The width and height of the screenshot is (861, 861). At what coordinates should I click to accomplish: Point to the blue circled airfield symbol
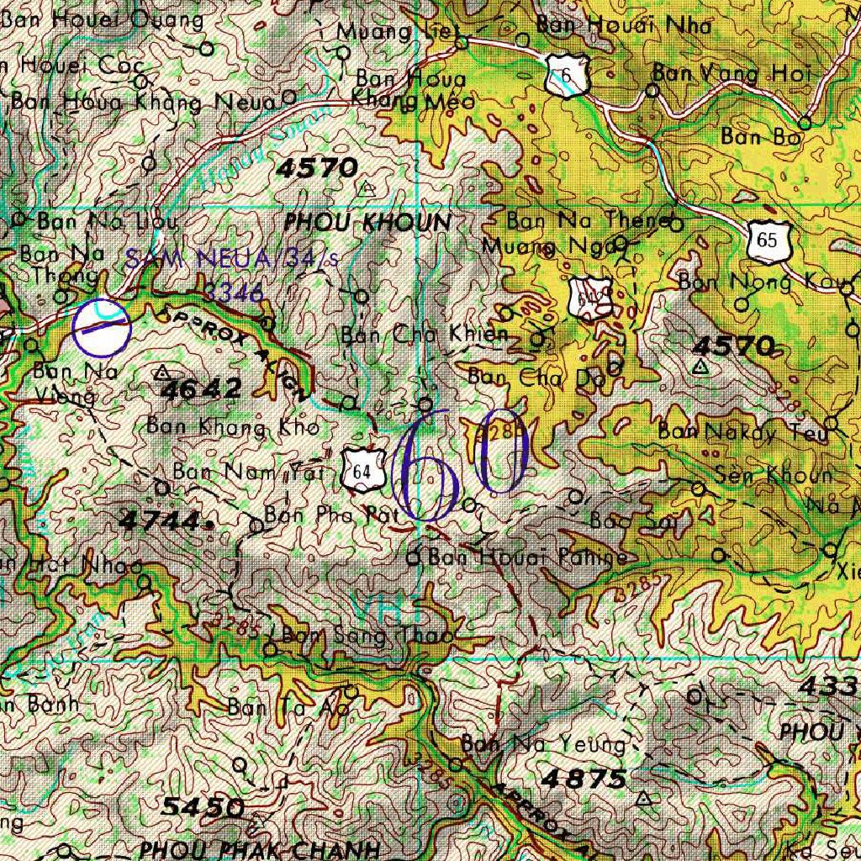point(101,327)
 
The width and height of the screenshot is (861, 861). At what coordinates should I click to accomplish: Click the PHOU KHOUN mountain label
point(367,223)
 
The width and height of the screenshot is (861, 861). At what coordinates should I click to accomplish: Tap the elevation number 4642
point(201,388)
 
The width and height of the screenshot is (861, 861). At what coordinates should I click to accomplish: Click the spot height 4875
point(584,779)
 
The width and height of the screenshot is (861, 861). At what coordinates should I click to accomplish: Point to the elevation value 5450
point(203,808)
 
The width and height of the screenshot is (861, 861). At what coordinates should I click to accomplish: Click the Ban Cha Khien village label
point(425,335)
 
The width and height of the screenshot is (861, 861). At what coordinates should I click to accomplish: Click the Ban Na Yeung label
point(543,744)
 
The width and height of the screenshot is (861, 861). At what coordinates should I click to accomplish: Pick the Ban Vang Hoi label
point(731,74)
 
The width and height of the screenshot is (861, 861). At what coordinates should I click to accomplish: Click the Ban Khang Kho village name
point(233,426)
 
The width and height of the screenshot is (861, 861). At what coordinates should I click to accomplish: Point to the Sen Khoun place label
point(773,475)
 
